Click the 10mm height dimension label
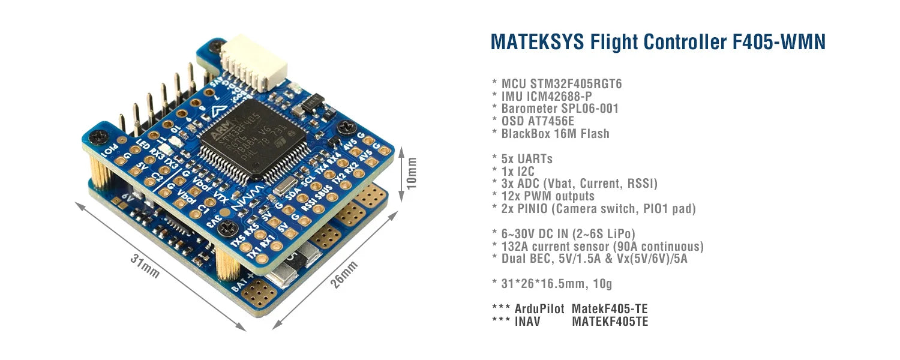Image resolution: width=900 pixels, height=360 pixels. pyautogui.click(x=411, y=173)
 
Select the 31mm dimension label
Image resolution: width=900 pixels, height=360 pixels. pyautogui.click(x=145, y=265)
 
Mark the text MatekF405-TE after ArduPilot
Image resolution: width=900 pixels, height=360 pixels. pyautogui.click(x=610, y=309)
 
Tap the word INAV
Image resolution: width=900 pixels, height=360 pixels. pyautogui.click(x=528, y=322)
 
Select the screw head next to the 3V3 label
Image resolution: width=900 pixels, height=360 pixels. pyautogui.click(x=227, y=227)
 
